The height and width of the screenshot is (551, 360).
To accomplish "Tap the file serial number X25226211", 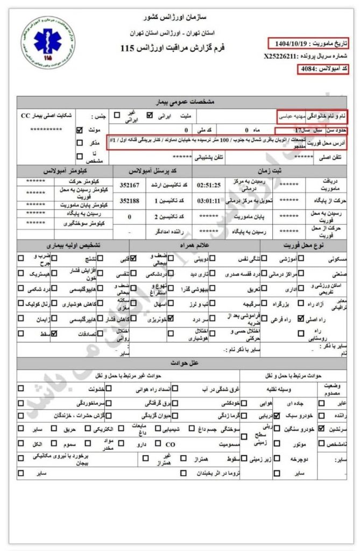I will pyautogui.click(x=281, y=55).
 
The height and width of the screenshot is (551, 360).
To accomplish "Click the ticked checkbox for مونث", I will pyautogui.click(x=80, y=130).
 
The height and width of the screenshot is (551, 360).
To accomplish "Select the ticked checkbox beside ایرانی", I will pyautogui.click(x=150, y=115).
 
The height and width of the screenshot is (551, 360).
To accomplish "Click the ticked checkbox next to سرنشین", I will pyautogui.click(x=321, y=429).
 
